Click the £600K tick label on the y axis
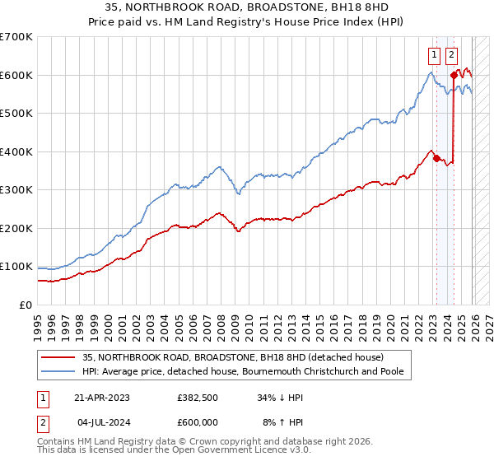[16, 75]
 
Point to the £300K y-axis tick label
[16, 190]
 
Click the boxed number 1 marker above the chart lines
[434, 56]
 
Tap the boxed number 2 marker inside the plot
[452, 56]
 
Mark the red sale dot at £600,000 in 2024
[454, 76]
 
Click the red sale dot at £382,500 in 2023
[436, 159]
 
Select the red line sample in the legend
[58, 357]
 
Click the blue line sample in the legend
[58, 371]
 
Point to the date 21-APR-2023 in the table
[102, 397]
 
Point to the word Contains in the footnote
[57, 441]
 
